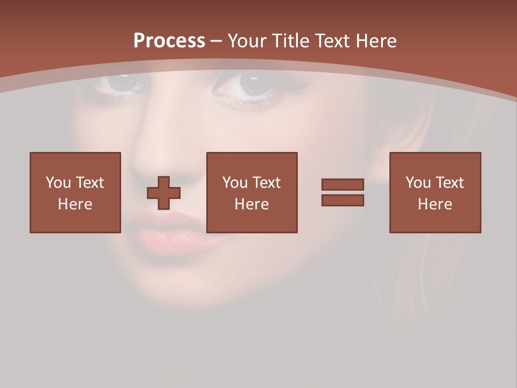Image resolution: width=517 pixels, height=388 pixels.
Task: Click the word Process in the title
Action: click(x=169, y=41)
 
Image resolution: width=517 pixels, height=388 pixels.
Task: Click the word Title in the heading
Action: click(x=289, y=41)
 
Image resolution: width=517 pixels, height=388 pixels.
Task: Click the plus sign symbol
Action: click(x=164, y=192)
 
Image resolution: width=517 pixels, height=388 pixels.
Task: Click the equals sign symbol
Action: click(x=343, y=192)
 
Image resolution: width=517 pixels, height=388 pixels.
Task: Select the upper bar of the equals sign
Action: click(x=343, y=184)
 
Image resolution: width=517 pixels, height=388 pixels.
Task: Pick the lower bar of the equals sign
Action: click(x=343, y=200)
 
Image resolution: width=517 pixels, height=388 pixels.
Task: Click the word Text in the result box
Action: click(x=450, y=183)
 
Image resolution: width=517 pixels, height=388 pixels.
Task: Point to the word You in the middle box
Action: click(x=235, y=183)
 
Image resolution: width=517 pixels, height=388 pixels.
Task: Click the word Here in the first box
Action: click(x=75, y=204)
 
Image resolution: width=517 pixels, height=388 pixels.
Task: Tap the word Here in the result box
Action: click(x=435, y=204)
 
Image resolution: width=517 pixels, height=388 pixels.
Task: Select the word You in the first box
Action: click(x=58, y=183)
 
